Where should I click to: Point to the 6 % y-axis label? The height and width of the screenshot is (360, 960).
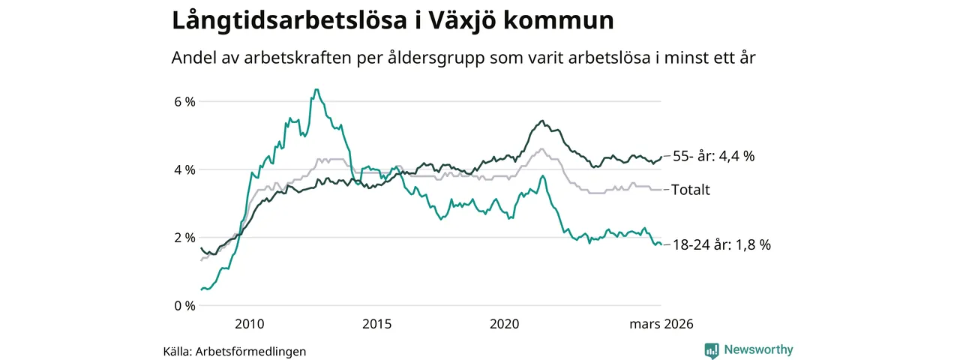(x=184, y=101)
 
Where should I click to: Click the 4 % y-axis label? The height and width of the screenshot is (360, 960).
(x=184, y=169)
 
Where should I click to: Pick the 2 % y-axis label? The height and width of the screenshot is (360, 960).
(x=184, y=238)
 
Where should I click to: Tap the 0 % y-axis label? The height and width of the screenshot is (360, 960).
(x=184, y=306)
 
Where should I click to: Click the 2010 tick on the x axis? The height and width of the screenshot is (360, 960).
(x=250, y=325)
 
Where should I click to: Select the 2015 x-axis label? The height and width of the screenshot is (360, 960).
(x=376, y=325)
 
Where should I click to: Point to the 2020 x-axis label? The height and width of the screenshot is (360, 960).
(x=504, y=325)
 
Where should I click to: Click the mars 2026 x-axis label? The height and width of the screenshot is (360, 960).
(x=661, y=325)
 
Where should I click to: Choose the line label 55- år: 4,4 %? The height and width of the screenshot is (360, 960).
(x=713, y=157)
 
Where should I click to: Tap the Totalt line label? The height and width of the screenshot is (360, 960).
(x=691, y=190)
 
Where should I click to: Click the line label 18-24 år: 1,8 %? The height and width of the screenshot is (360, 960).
(x=721, y=244)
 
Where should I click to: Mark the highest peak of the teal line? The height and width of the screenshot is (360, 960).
(x=316, y=90)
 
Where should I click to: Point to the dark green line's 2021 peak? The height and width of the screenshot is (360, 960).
(x=542, y=121)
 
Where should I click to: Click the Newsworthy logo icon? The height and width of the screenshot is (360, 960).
(x=712, y=349)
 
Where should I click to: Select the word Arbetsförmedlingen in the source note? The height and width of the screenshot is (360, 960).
(x=250, y=351)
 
